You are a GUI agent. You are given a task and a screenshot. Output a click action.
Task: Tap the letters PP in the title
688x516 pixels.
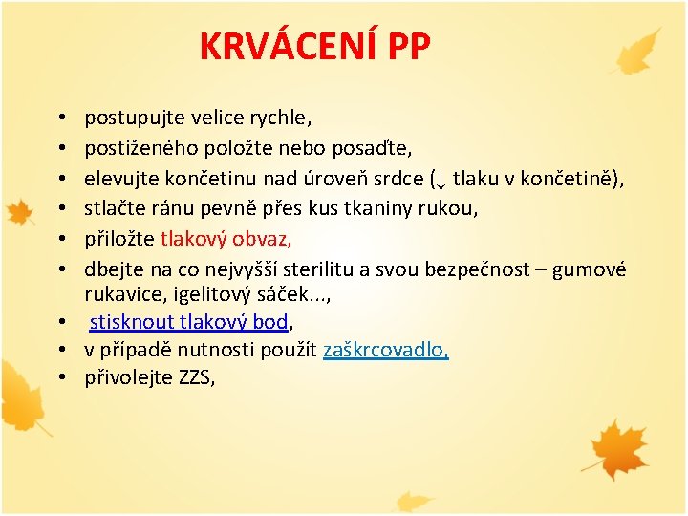pyautogui.click(x=404, y=46)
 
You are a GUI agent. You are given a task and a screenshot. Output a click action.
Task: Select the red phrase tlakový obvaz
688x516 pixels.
pyautogui.click(x=226, y=239)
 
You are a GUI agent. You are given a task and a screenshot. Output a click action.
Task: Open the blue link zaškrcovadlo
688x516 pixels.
pyautogui.click(x=385, y=351)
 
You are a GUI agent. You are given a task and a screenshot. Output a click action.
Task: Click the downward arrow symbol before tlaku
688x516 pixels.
pyautogui.click(x=440, y=179)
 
